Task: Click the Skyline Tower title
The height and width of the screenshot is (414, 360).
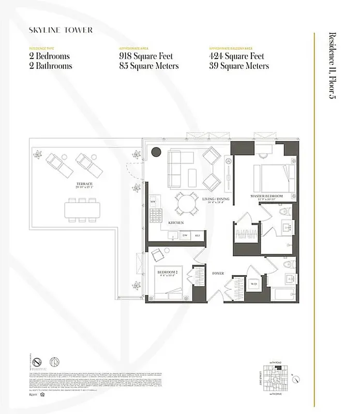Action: [x=61, y=30]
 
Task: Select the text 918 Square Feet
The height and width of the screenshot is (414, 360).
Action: [x=148, y=56]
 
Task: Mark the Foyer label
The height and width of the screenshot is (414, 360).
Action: [x=218, y=273]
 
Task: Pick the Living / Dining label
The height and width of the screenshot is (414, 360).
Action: [x=216, y=199]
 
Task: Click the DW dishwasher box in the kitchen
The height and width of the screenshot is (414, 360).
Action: [x=185, y=236]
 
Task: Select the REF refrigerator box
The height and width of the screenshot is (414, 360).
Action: [x=197, y=236]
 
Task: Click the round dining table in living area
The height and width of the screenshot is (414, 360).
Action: [x=186, y=202]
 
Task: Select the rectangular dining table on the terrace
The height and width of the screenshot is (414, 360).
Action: [x=82, y=209]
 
